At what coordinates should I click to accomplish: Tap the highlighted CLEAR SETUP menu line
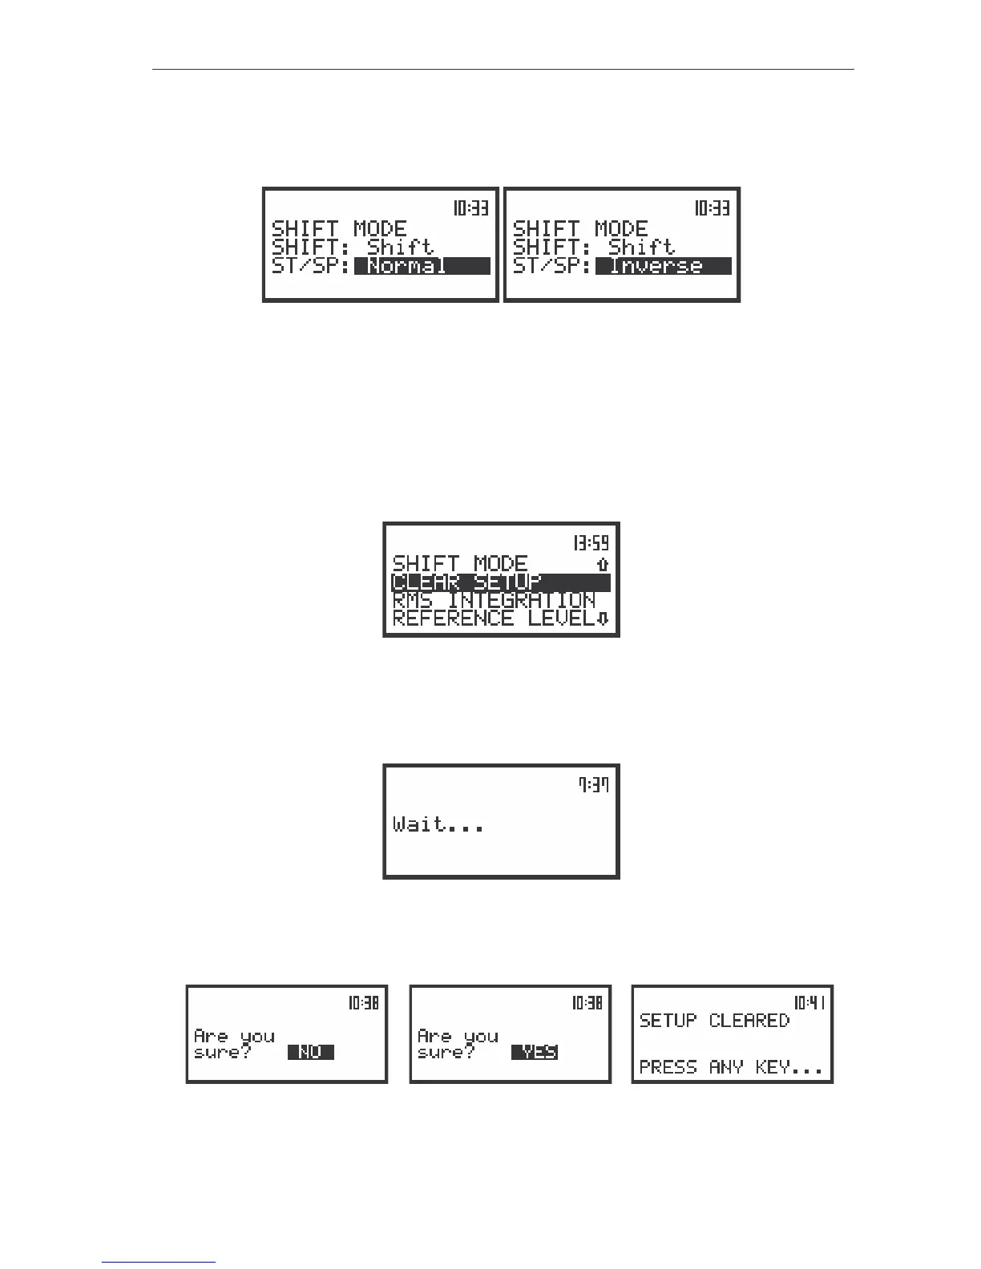click(x=500, y=582)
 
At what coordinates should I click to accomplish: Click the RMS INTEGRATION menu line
click(x=494, y=601)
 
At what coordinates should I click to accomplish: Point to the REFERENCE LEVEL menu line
click(x=494, y=618)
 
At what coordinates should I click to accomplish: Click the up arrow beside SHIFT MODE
click(x=603, y=565)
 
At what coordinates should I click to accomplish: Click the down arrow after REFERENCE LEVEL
click(x=604, y=618)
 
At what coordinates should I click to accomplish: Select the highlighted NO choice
click(x=310, y=1053)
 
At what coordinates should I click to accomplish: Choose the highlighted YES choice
click(x=535, y=1053)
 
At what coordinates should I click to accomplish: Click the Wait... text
click(x=438, y=824)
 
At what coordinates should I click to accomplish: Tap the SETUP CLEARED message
click(x=713, y=1021)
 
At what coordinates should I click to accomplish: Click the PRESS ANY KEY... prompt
click(x=730, y=1067)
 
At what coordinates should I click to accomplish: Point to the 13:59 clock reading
click(x=590, y=543)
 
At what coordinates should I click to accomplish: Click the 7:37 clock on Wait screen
click(x=594, y=785)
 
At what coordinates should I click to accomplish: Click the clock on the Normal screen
click(x=470, y=208)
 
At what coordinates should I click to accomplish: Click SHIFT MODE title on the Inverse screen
click(x=579, y=229)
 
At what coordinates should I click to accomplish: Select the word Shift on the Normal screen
click(x=400, y=248)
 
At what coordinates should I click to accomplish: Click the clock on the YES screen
click(x=587, y=1002)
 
